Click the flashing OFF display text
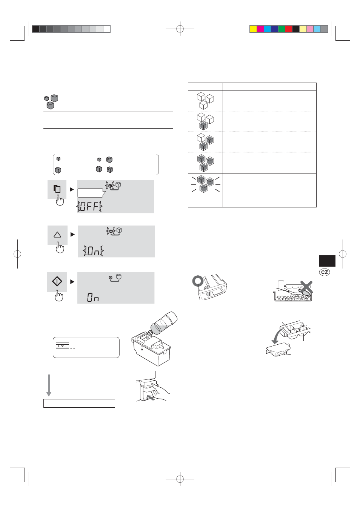click(89, 206)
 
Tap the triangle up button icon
click(57, 235)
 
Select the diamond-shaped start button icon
click(57, 281)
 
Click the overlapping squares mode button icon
click(57, 189)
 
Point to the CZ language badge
click(325, 272)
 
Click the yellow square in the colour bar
click(253, 29)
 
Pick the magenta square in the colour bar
click(260, 29)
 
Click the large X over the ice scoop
click(306, 287)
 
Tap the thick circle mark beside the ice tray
click(198, 281)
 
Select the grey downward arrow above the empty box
click(49, 385)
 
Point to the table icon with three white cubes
click(205, 101)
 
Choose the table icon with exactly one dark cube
click(205, 121)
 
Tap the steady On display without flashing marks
click(93, 297)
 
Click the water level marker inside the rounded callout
click(62, 345)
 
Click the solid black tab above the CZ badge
click(327, 261)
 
